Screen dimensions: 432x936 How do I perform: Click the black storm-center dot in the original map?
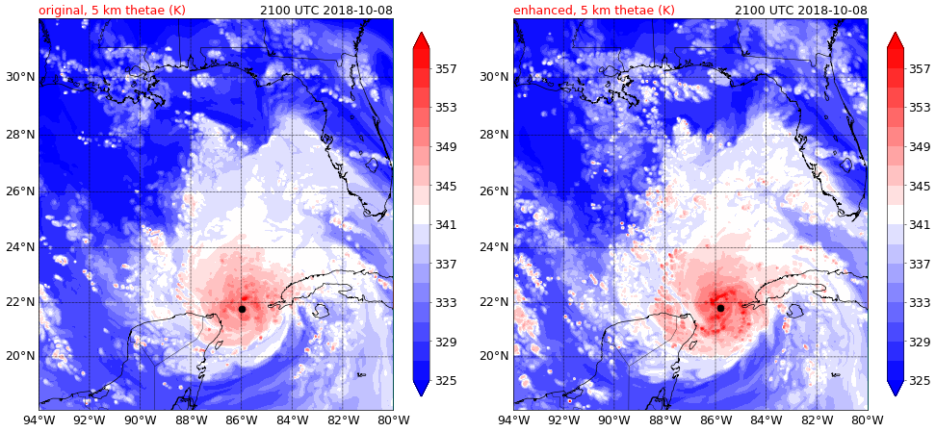[x=242, y=309]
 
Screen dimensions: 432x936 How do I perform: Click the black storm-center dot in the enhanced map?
[x=720, y=308]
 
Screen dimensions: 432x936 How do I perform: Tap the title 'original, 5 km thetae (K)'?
[x=112, y=11]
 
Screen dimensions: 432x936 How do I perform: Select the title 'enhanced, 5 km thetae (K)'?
[x=593, y=11]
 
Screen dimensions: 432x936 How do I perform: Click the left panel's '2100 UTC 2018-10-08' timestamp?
[x=325, y=11]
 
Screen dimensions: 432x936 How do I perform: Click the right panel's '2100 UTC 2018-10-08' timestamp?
[x=800, y=11]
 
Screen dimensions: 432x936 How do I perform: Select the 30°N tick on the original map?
[x=19, y=77]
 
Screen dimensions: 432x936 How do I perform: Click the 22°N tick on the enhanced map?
[x=494, y=302]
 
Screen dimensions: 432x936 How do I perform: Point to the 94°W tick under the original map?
[x=39, y=419]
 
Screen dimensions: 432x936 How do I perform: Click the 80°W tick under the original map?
[x=392, y=419]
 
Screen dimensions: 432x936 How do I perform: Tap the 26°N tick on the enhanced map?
[x=494, y=191]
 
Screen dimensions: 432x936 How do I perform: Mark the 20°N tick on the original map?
[x=19, y=356]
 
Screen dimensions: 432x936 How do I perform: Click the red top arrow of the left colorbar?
[x=421, y=40]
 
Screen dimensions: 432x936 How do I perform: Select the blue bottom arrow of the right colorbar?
[x=896, y=387]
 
